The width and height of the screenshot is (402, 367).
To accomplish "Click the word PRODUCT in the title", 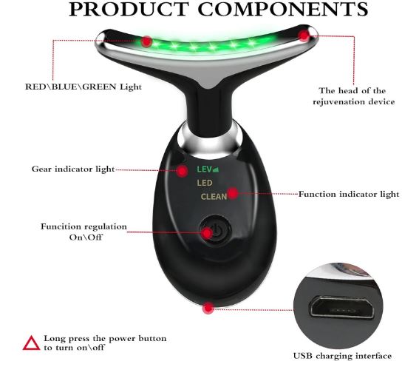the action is pos(128,9).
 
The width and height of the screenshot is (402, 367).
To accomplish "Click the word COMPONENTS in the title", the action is pos(283,9).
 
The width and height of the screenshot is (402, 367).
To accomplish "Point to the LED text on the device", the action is pos(205,183).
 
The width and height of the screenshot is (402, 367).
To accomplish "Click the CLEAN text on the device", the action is pos(214,197).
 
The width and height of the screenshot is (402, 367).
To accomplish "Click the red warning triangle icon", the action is pos(31,343).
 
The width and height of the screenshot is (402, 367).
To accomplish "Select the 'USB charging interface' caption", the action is pos(343,356).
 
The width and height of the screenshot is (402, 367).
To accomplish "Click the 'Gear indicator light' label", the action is pos(73,169).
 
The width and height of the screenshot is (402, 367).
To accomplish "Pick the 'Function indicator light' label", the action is pos(349,195).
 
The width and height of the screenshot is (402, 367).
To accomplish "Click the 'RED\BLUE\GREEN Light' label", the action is pos(84,87).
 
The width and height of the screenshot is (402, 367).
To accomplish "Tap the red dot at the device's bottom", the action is pos(208,308).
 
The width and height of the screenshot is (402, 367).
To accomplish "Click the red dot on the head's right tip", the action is pos(304,36).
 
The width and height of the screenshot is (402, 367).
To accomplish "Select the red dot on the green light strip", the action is pos(146,41).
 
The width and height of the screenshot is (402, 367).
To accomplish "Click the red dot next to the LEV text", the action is pos(183,170).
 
